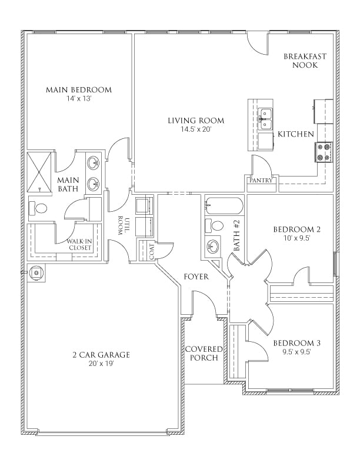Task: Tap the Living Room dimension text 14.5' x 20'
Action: pos(195,129)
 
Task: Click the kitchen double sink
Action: pos(266,118)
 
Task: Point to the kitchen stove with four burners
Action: pos(325,152)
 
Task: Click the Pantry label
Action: pos(261,181)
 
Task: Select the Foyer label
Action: pos(196,276)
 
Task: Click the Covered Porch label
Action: pos(204,353)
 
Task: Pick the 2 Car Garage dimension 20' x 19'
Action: pos(101,364)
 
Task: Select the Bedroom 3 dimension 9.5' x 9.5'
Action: pos(296,352)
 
